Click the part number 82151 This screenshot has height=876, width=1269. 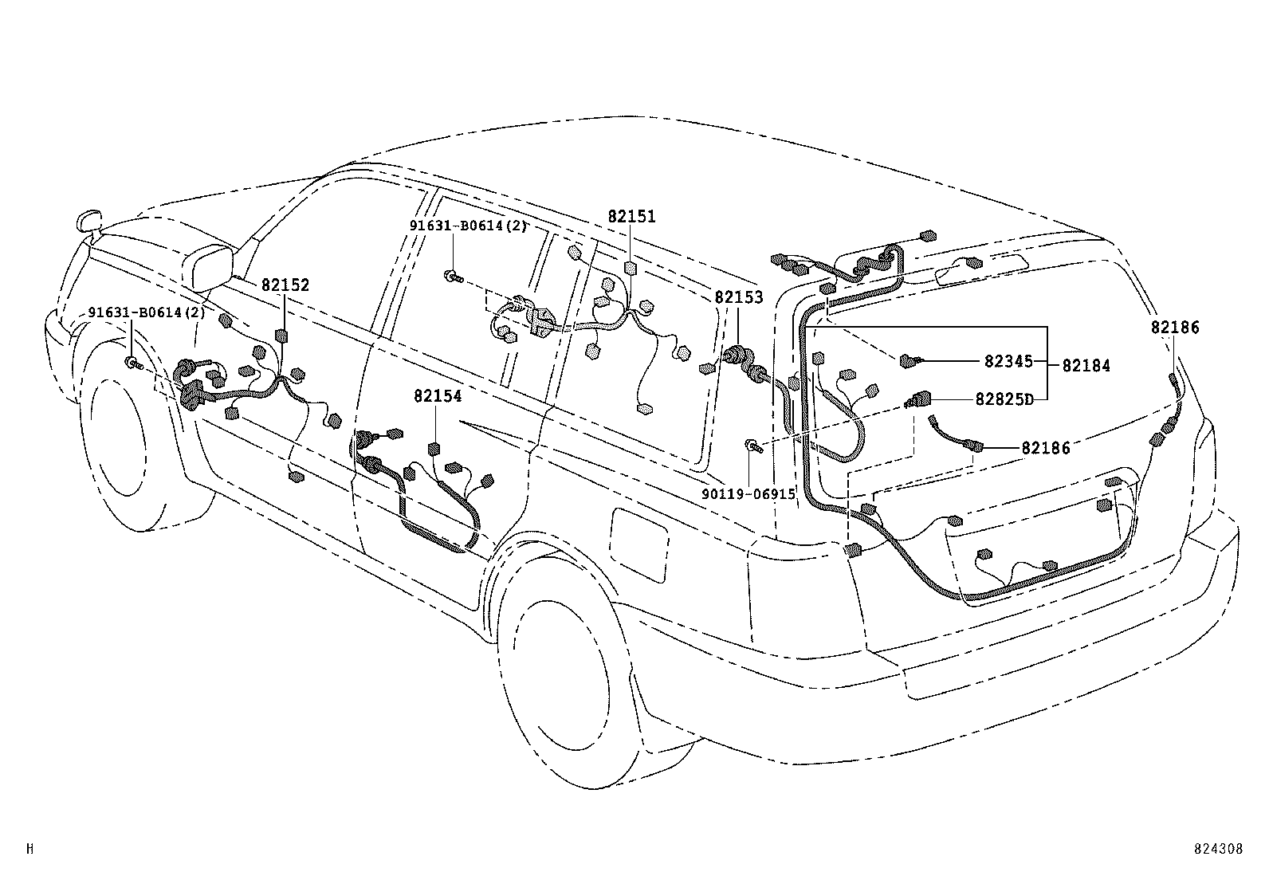[x=631, y=217]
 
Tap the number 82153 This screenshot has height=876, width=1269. [x=738, y=298]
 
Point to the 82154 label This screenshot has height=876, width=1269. [x=438, y=396]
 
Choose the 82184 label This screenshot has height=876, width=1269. [x=1086, y=366]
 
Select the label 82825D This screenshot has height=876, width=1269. [x=1004, y=399]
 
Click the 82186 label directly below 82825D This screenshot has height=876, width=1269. [x=1046, y=448]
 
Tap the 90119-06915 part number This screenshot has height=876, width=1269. [x=748, y=494]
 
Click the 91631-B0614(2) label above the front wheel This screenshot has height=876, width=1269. [x=147, y=312]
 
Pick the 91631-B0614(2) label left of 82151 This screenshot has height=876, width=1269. [x=469, y=226]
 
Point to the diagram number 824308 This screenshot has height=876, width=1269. [x=1218, y=850]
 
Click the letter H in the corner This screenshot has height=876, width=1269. [x=30, y=849]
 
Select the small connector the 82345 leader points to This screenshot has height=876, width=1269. [x=908, y=361]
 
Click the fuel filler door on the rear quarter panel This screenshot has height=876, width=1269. [x=639, y=544]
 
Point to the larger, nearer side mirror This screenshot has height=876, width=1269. [x=210, y=267]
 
